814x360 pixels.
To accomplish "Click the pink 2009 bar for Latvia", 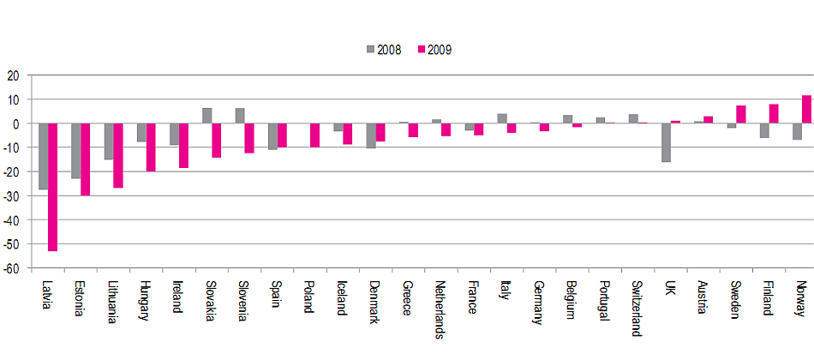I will [x=52, y=187].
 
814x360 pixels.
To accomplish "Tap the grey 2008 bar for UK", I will [x=666, y=142].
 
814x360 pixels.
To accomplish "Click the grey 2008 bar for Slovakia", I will [x=206, y=116].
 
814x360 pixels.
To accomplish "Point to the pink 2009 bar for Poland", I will [x=314, y=135].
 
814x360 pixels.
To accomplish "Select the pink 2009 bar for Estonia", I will [x=85, y=159].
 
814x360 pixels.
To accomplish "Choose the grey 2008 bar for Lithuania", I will [x=108, y=141].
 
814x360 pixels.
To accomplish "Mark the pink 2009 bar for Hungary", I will [x=151, y=147].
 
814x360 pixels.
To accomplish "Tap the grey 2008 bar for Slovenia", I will [x=240, y=116].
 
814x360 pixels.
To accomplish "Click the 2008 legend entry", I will [x=382, y=49].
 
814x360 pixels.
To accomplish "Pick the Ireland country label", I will [x=176, y=296].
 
